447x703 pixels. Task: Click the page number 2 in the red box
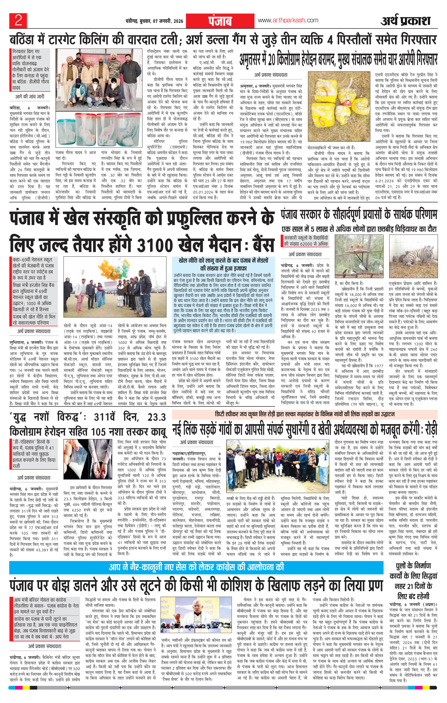point(18,21)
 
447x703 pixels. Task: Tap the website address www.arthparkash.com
point(288,21)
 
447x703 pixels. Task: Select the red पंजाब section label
point(220,21)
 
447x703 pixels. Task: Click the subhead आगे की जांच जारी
point(30,96)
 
